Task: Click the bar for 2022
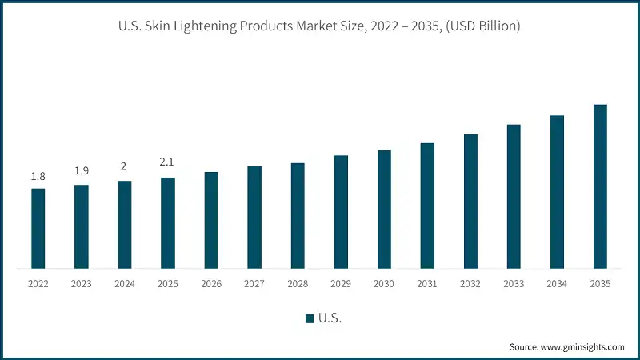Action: coord(38,228)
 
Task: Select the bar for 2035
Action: coord(600,186)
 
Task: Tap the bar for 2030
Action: coord(384,209)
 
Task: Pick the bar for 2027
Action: coord(254,217)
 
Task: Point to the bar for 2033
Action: coord(514,196)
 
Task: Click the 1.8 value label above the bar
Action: coord(38,176)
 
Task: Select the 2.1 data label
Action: coord(167,162)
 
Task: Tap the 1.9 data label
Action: coord(81,171)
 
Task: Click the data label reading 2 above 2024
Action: coord(124,166)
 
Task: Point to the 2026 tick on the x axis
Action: coord(211,284)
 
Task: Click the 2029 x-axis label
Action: coord(341,284)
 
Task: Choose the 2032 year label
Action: coord(470,284)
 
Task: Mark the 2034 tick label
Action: coord(557,284)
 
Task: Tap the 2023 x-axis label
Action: coord(81,284)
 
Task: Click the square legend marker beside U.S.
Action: coord(310,318)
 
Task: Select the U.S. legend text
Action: coord(330,318)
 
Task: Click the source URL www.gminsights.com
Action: coord(583,347)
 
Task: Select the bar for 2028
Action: coord(298,215)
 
